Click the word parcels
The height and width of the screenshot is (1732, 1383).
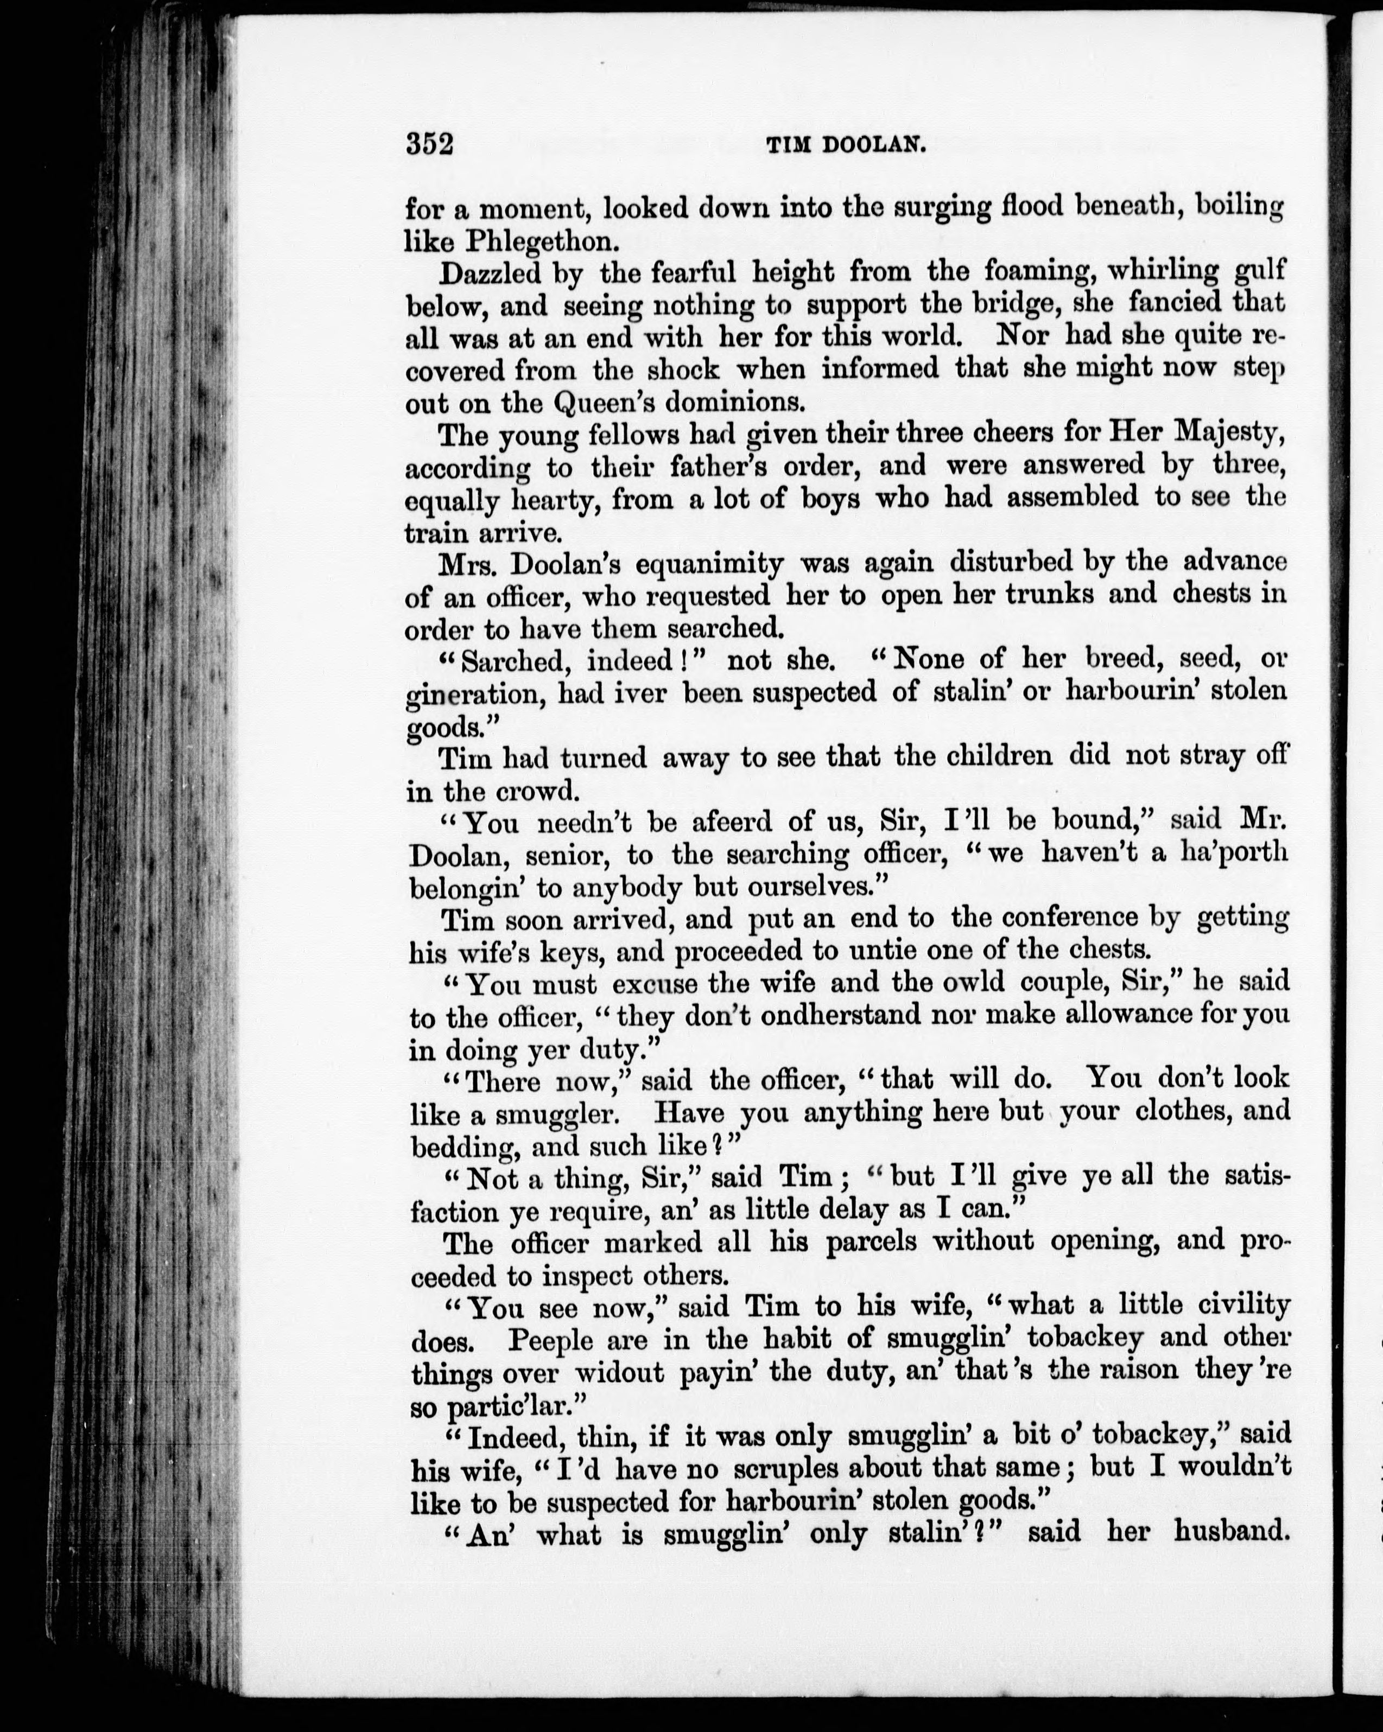(x=872, y=1242)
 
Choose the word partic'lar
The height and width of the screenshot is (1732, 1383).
(x=499, y=1406)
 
